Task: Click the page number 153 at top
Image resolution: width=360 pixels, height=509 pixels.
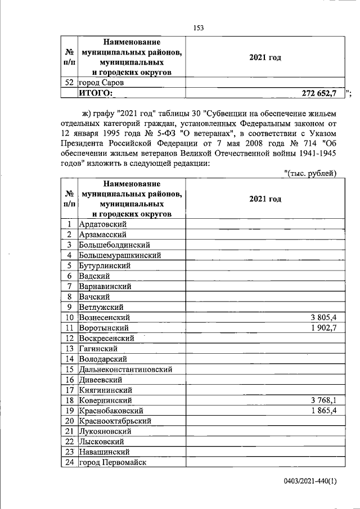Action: pos(197,28)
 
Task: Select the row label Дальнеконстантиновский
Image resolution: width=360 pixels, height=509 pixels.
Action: pos(125,369)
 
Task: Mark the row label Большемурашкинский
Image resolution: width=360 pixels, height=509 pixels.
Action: pos(120,255)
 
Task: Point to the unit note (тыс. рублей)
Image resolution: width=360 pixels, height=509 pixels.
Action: pos(310,173)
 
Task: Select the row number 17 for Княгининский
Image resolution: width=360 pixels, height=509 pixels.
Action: pos(69,390)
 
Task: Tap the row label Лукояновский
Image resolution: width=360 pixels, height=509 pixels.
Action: pos(105,431)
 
